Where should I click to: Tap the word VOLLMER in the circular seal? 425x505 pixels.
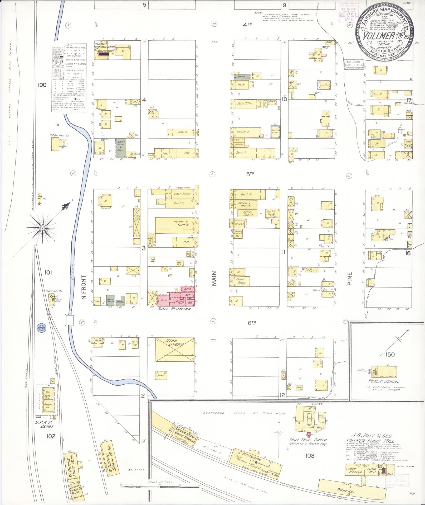(375, 35)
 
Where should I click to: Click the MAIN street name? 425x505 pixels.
(214, 278)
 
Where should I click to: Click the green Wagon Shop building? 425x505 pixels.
(121, 149)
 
